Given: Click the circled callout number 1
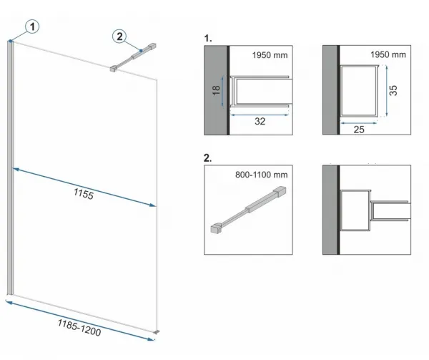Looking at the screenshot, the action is point(32,26).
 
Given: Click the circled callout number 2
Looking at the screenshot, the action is point(119,37).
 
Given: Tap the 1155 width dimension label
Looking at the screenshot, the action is point(84,194).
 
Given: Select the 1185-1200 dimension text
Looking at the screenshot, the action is point(79,328).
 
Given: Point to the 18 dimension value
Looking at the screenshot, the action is point(216,90).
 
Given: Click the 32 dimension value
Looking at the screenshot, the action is point(260,121).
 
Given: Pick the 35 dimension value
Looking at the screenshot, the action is point(393,90).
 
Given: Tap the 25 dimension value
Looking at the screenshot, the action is point(359,130).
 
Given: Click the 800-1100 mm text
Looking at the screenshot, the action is point(261,175).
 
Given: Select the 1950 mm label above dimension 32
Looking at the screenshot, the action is point(270,55).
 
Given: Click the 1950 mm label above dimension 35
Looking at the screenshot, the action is point(388,55).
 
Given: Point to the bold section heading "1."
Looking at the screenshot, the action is point(208,39).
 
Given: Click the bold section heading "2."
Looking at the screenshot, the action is point(207,158).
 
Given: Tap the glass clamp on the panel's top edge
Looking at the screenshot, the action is point(114,69).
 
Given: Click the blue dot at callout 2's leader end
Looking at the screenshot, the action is point(141,51).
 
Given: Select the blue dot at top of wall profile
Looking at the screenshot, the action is point(11,41).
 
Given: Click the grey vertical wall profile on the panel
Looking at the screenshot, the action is point(10,167).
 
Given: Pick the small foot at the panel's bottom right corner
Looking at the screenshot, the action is point(156,332).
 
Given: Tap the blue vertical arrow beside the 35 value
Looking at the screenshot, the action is point(387,91).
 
